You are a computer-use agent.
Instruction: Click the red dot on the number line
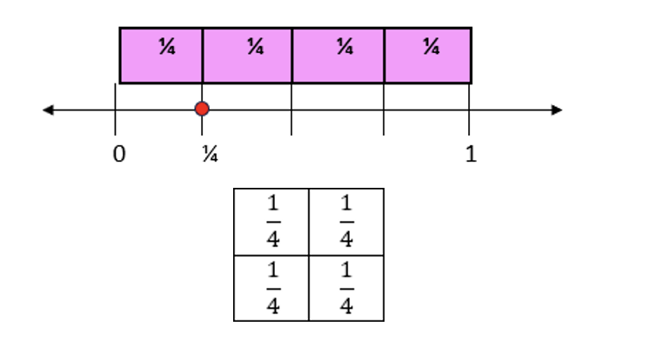pyautogui.click(x=202, y=109)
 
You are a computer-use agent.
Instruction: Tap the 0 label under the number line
pyautogui.click(x=119, y=155)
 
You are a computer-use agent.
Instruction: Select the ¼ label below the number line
pyautogui.click(x=210, y=155)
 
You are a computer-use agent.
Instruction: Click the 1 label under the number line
pyautogui.click(x=471, y=155)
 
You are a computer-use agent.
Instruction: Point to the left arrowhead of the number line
pyautogui.click(x=48, y=110)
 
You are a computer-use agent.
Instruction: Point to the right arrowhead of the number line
pyautogui.click(x=557, y=110)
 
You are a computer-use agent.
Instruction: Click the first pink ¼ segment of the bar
pyautogui.click(x=161, y=56)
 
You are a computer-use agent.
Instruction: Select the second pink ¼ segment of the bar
pyautogui.click(x=247, y=56)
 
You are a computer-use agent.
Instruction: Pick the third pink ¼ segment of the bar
pyautogui.click(x=338, y=56)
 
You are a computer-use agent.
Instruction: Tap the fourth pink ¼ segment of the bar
pyautogui.click(x=427, y=56)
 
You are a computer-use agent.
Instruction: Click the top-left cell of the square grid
pyautogui.click(x=271, y=221)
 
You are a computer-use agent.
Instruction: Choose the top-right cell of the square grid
pyautogui.click(x=346, y=221)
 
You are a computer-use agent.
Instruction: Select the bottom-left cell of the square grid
pyautogui.click(x=271, y=288)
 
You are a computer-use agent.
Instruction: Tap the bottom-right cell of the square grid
pyautogui.click(x=346, y=288)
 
